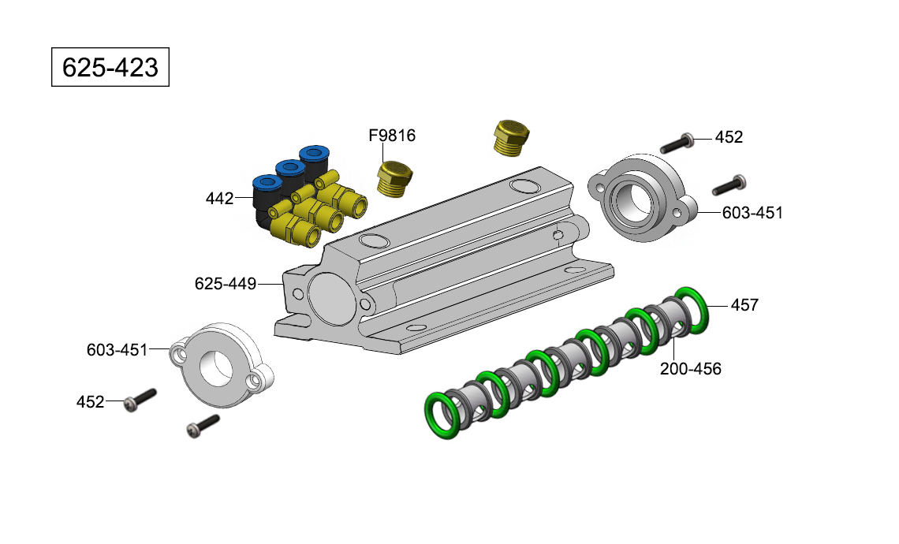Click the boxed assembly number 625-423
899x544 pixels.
pos(110,67)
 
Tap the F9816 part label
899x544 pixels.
pos(392,136)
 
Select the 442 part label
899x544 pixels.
pos(219,199)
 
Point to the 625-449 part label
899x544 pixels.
pos(226,284)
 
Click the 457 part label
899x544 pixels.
pos(744,305)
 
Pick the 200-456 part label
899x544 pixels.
pos(690,369)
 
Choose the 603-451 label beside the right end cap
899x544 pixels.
pos(752,213)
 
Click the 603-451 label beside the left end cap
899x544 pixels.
pos(117,350)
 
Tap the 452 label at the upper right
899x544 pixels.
pos(729,137)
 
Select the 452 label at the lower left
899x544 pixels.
pos(90,402)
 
